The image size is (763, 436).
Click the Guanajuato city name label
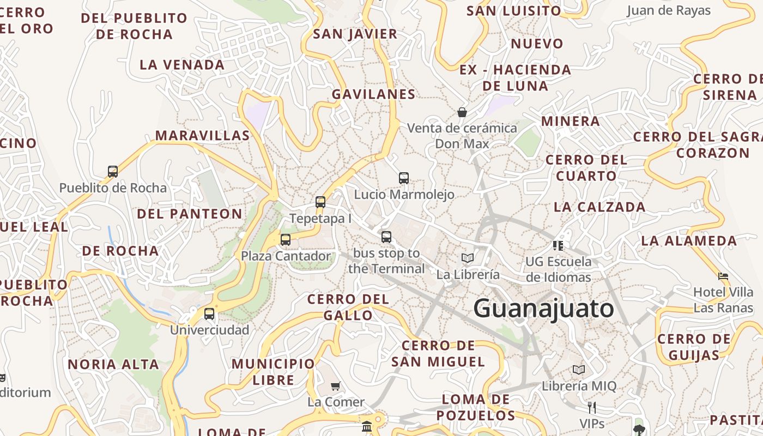(x=543, y=308)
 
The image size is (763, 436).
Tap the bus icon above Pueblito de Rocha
(x=113, y=172)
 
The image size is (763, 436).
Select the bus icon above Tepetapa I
(x=320, y=202)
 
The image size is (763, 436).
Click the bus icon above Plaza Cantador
(x=286, y=239)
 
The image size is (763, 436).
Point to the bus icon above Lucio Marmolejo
(x=404, y=178)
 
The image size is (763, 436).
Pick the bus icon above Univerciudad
(x=209, y=314)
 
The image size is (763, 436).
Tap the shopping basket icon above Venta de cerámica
(x=462, y=112)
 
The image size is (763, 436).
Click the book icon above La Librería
(x=468, y=258)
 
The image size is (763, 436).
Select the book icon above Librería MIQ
(x=579, y=370)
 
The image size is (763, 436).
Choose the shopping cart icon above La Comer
(x=336, y=386)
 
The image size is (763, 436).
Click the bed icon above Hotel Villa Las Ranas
(x=723, y=276)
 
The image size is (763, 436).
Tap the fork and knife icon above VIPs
(x=592, y=407)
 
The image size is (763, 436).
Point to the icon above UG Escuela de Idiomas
(x=558, y=245)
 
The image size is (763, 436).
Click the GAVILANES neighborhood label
(x=374, y=94)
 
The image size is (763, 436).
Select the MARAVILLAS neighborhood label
(x=203, y=135)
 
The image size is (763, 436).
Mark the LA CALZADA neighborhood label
(x=599, y=207)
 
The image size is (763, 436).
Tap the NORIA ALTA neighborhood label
(x=113, y=364)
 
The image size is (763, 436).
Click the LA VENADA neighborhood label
(x=182, y=65)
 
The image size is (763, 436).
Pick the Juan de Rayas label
(x=669, y=10)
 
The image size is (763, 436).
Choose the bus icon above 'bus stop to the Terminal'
(x=386, y=237)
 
